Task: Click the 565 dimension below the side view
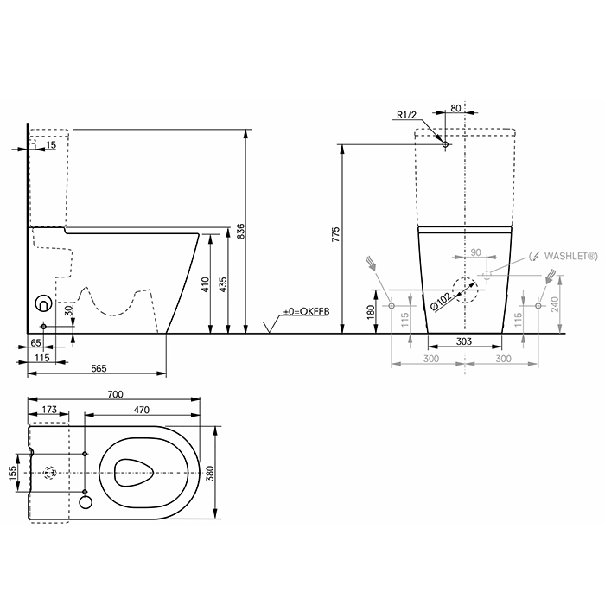(x=98, y=368)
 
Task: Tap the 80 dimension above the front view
(x=455, y=109)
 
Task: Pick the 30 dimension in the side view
(x=68, y=309)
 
